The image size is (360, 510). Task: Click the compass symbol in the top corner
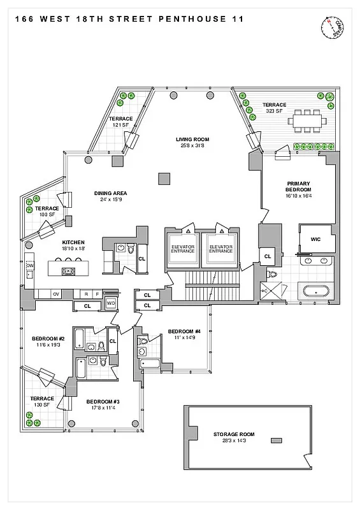(333, 27)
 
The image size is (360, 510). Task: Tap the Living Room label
(192, 142)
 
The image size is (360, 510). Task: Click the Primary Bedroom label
(298, 190)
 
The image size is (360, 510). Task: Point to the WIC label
(315, 240)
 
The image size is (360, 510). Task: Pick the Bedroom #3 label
(103, 404)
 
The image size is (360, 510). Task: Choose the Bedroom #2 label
(48, 342)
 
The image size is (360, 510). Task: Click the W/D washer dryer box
(111, 303)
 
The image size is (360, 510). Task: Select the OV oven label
(56, 294)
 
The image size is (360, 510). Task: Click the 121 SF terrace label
(120, 122)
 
